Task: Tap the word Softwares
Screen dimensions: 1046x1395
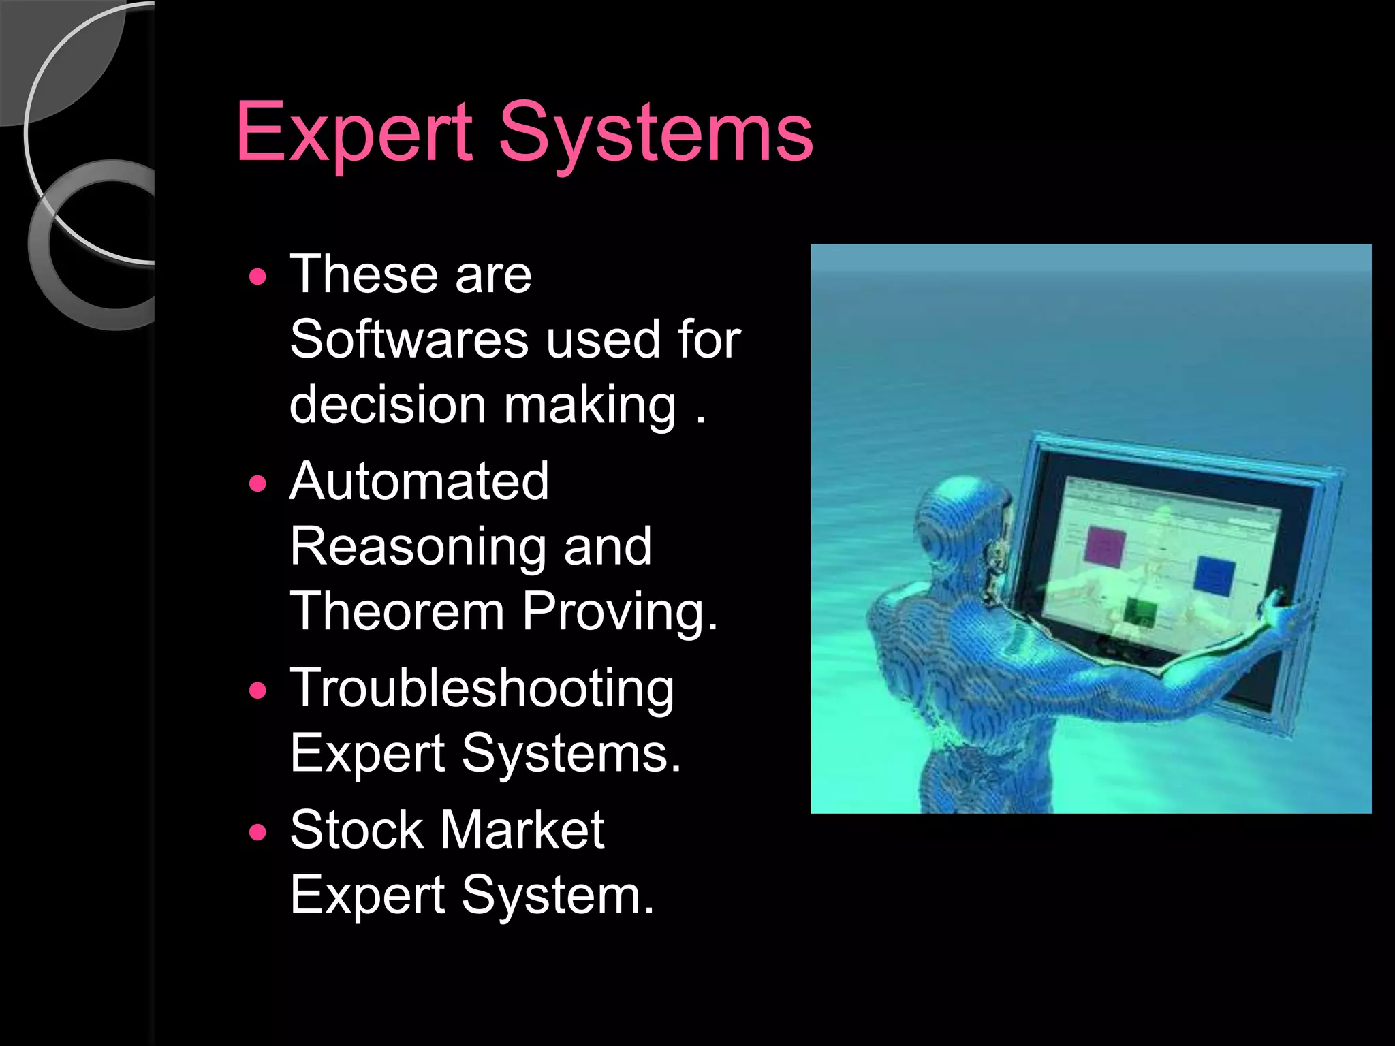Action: click(409, 339)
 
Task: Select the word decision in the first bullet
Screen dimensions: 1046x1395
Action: click(387, 405)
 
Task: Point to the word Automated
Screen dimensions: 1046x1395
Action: click(419, 481)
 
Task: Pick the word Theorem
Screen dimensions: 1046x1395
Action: click(397, 611)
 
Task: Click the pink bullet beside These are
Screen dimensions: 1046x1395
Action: click(258, 277)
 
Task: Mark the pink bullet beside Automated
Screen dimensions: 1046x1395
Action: click(258, 484)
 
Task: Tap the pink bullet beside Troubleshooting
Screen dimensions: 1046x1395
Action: click(258, 691)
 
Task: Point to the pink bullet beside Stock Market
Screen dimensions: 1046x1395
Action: click(258, 832)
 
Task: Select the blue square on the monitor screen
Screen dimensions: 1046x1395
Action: click(1214, 575)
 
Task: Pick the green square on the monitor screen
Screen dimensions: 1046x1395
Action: click(1138, 612)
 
